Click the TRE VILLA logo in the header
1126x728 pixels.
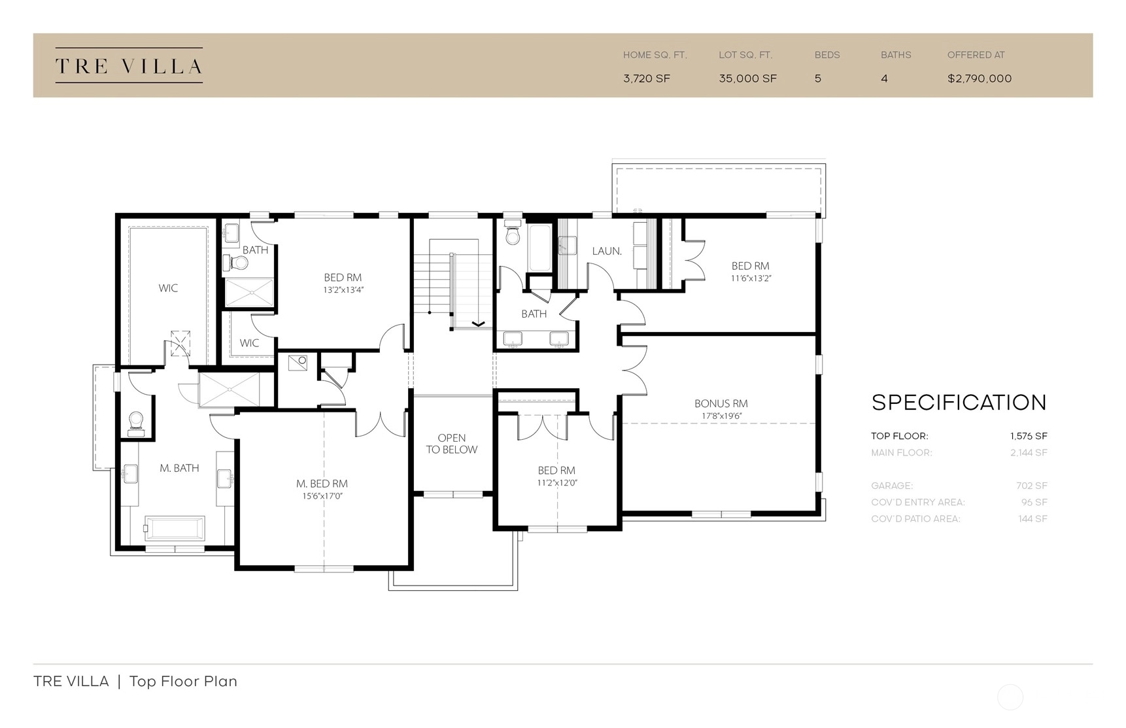tap(129, 66)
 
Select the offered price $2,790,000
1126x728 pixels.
tap(980, 78)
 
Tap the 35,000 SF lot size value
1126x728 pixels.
tap(747, 78)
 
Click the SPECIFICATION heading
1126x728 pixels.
tap(959, 403)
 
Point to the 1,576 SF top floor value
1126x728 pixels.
tap(1029, 436)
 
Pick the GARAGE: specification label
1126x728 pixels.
tap(892, 486)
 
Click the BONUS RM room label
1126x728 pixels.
tap(721, 404)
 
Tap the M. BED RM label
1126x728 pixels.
tap(322, 484)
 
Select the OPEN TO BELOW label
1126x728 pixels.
tap(452, 444)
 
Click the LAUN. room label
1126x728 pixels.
tap(607, 251)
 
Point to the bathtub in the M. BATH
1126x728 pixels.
tap(174, 527)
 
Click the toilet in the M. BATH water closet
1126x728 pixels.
tap(136, 423)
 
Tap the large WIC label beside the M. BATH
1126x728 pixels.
tap(168, 288)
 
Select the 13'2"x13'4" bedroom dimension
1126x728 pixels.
tap(343, 290)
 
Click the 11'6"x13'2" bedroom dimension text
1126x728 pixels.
tap(751, 278)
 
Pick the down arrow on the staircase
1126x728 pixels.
tap(478, 323)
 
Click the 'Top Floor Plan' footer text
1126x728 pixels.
tap(183, 681)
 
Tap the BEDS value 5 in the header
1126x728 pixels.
tap(818, 78)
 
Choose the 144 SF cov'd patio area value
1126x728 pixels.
tap(1032, 519)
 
